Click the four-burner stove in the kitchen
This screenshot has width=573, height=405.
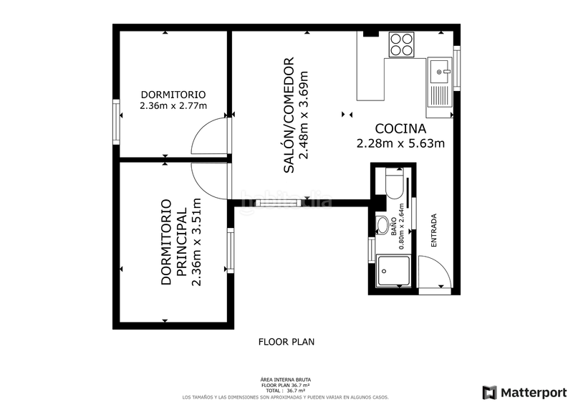403,44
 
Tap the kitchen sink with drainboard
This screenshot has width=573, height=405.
440,82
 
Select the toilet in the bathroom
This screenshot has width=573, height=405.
394,184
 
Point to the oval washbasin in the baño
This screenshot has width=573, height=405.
383,225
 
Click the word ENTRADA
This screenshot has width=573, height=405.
433,231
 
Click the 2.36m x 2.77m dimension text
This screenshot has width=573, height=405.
173,106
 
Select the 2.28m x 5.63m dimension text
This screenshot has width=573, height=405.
400,143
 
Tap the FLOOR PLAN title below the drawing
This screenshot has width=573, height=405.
286,342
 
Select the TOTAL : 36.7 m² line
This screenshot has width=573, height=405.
286,390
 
